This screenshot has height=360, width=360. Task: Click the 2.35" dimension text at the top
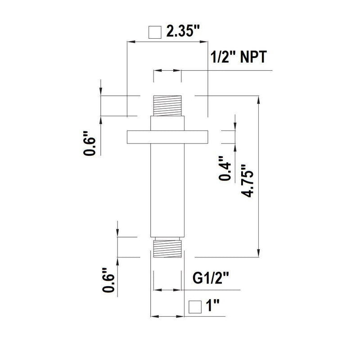(183, 32)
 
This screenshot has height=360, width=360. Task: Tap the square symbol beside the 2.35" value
(155, 33)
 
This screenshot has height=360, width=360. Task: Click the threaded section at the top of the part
(167, 106)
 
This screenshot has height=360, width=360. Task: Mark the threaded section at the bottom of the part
(167, 248)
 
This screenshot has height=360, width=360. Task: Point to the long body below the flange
(167, 189)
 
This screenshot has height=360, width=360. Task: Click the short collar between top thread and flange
(167, 123)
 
